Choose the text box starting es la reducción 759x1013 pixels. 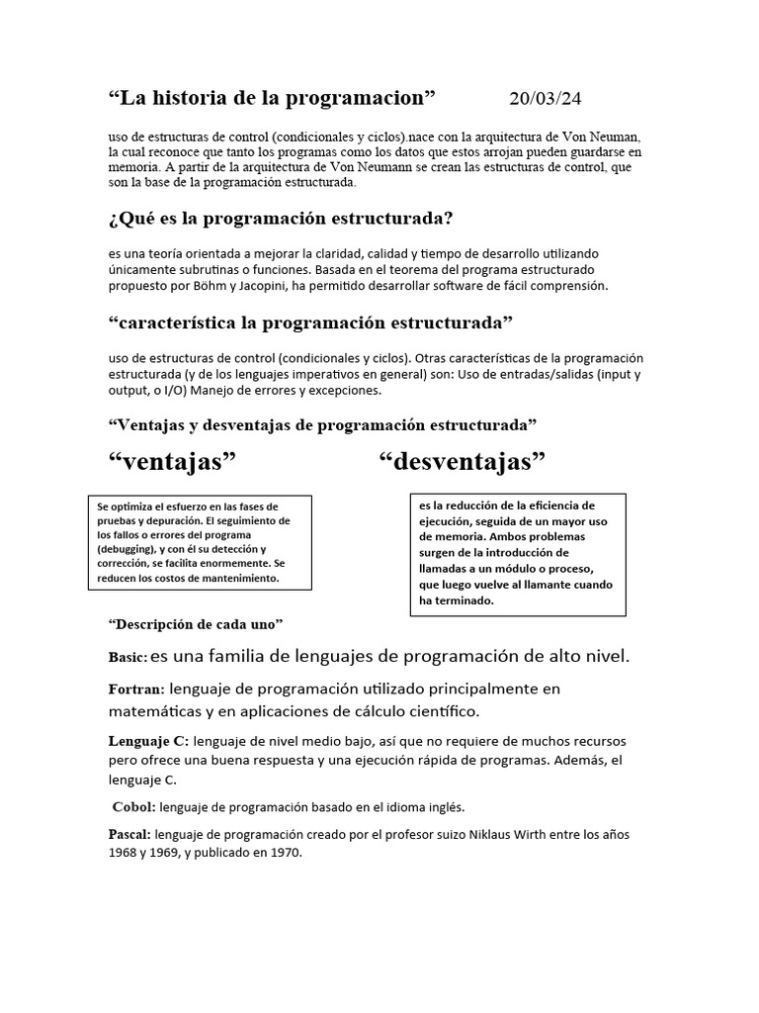(x=517, y=554)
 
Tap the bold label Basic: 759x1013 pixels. (x=128, y=658)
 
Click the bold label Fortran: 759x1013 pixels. (x=136, y=689)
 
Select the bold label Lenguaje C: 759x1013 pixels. (x=148, y=741)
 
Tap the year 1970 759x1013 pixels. (x=283, y=852)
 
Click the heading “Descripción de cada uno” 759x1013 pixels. (x=196, y=625)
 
